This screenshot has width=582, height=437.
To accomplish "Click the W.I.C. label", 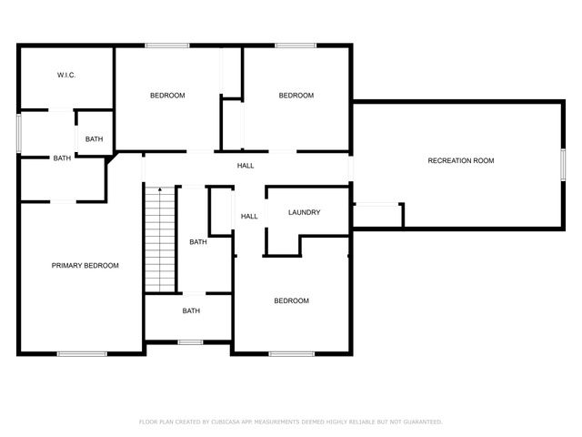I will click(x=65, y=75).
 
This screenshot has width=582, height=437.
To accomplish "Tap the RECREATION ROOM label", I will click(x=461, y=161).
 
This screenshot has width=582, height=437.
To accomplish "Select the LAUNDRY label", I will click(x=304, y=212).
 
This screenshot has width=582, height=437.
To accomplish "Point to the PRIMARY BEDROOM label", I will click(x=85, y=266).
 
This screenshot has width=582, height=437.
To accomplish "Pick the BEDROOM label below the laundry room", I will click(x=292, y=301).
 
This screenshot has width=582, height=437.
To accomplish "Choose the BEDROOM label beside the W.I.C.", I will click(x=167, y=96).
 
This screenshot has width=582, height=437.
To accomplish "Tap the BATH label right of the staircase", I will click(x=198, y=242).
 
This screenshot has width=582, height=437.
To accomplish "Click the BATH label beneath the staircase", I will click(x=191, y=311).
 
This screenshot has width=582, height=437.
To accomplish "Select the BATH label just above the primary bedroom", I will click(x=62, y=158).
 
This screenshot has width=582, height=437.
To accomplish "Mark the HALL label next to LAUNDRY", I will click(x=249, y=217).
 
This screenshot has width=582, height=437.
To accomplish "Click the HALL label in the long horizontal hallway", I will click(x=246, y=166).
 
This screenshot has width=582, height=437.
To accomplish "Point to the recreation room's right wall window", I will click(x=564, y=161).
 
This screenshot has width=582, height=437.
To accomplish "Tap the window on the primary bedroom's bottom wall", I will click(x=83, y=353).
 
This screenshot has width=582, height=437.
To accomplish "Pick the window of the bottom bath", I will click(x=190, y=342).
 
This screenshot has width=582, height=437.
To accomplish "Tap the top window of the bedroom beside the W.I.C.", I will click(x=167, y=45).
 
